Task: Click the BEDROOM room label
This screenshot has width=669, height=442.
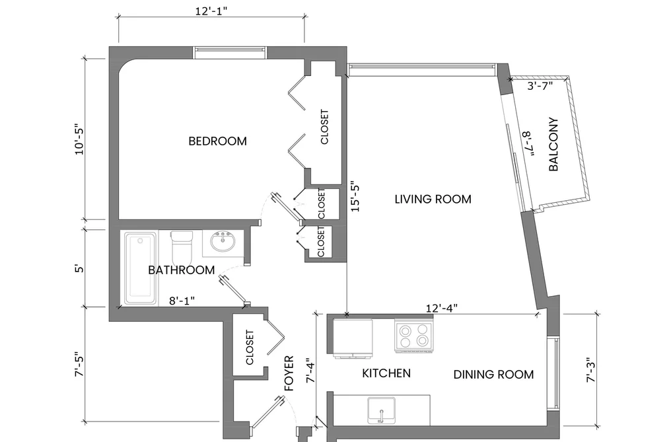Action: [217, 141]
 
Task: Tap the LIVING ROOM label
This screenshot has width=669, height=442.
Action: [433, 200]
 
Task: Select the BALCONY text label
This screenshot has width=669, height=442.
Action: [553, 144]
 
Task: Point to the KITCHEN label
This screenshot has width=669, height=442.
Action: [386, 373]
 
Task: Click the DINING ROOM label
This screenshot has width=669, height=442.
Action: [493, 375]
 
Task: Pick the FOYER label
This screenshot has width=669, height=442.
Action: [289, 373]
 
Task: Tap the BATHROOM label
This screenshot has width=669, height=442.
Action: [182, 270]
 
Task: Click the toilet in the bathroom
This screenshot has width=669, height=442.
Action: [182, 248]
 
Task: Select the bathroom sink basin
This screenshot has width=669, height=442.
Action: [223, 241]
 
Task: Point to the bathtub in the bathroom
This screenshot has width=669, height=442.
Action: [141, 268]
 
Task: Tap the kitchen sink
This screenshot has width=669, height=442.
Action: [382, 410]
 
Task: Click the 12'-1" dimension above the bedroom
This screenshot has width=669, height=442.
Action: [211, 11]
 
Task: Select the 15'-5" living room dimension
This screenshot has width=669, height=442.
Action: [355, 198]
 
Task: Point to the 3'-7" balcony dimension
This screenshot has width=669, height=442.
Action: [540, 86]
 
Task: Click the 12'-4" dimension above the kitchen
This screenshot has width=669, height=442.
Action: [442, 308]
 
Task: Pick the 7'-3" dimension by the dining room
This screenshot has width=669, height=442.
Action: [590, 369]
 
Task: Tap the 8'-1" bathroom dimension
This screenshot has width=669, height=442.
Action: [182, 301]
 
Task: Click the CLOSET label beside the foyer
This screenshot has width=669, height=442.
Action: [250, 348]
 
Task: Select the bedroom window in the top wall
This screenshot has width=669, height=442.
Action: [230, 52]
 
